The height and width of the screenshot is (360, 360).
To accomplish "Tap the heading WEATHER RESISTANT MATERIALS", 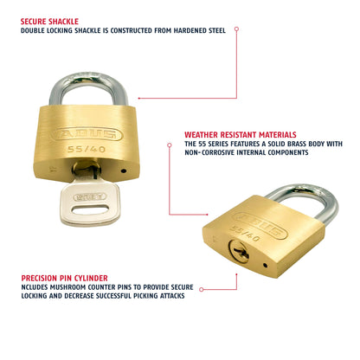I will click(240, 135).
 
